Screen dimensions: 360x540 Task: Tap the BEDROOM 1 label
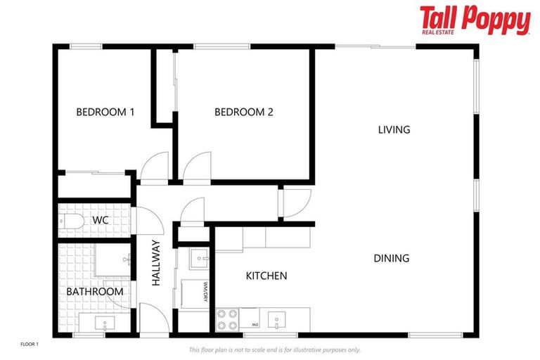point(105,112)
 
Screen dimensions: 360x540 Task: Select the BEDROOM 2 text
point(243,112)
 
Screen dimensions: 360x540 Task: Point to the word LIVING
point(394,129)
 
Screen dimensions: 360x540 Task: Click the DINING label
point(391,258)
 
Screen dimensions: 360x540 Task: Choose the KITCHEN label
point(266,276)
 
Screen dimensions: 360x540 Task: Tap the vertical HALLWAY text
point(156,263)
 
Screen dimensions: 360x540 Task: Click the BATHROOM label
point(95,291)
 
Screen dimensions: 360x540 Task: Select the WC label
point(101,221)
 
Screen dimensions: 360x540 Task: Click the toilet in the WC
point(71,222)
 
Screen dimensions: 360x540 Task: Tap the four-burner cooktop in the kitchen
point(227,320)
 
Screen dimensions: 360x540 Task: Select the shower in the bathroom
point(112,261)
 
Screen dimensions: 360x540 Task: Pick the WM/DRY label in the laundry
point(205,292)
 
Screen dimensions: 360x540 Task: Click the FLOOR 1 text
point(29,344)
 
